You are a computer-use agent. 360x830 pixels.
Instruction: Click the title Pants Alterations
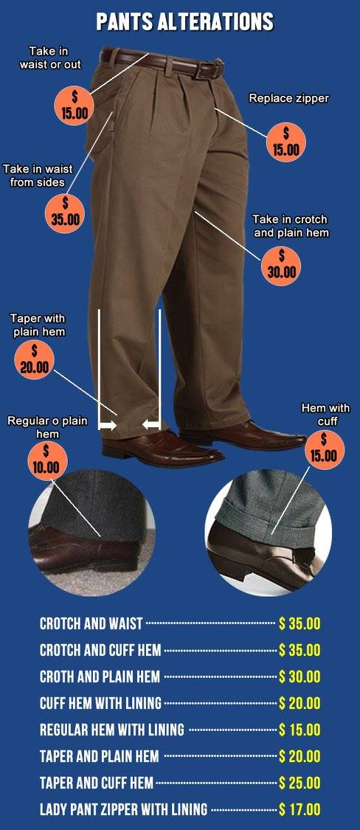pos(184,21)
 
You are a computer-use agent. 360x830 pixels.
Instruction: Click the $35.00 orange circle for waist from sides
pos(66,212)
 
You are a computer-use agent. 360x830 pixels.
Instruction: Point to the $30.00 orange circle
pos(281,266)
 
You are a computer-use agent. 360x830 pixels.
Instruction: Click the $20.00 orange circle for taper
pos(35,360)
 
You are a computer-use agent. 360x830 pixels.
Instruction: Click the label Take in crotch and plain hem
pos(290,226)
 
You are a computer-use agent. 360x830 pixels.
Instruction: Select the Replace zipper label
pos(289,98)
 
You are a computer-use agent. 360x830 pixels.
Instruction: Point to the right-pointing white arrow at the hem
pos(108,425)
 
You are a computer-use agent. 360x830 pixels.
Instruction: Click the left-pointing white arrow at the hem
pos(151,424)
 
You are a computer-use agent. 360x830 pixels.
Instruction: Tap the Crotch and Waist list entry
pos(91,623)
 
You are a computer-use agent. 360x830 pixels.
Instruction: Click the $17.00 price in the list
pos(300,809)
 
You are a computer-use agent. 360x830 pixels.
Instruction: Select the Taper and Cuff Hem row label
pos(97,782)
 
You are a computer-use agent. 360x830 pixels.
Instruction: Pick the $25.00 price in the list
pos(300,782)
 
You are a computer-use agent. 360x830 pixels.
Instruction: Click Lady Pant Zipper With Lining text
pos(123,809)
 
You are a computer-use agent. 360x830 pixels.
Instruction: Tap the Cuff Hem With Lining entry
pos(100,703)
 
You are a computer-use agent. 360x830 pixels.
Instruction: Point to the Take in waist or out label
pos(50,58)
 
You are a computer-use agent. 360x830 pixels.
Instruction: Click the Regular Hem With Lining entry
pos(111,730)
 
